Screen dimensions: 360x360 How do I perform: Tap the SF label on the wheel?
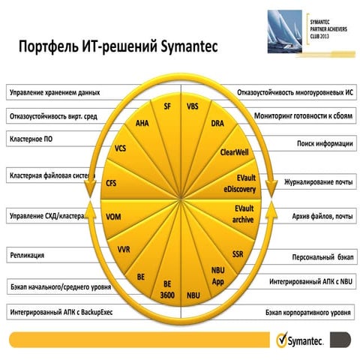[168, 107]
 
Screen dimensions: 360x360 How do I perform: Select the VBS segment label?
[192, 107]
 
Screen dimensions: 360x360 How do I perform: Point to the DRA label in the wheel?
[217, 123]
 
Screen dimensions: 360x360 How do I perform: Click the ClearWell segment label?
[234, 151]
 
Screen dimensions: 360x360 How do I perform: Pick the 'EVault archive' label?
[242, 215]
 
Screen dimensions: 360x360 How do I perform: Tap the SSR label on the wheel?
[237, 253]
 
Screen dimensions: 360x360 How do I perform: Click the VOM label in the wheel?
[114, 217]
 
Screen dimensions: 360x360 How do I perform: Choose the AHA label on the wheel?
[142, 123]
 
